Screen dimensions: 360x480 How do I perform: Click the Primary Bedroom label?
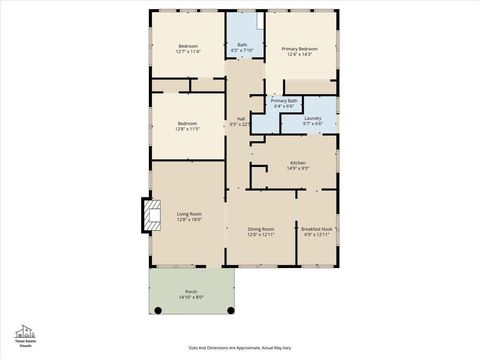299,48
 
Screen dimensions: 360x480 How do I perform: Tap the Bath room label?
242,44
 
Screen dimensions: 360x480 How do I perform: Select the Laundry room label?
313,118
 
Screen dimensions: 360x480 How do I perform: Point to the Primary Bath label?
283,100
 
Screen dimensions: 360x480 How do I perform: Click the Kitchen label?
298,162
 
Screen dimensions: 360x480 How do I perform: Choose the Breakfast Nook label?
317,229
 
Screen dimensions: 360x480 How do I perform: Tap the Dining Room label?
261,229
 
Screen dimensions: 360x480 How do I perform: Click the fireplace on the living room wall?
151,214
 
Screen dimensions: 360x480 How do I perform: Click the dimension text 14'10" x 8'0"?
191,297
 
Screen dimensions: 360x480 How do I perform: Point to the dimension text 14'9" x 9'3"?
298,168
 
